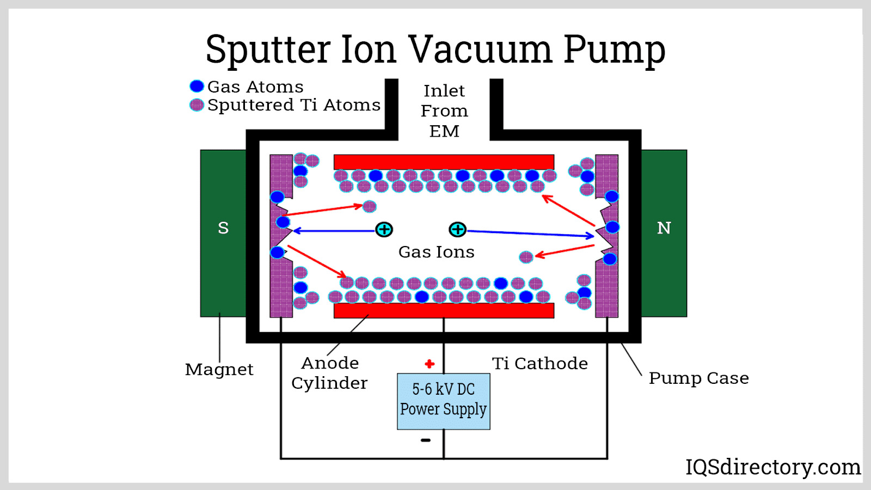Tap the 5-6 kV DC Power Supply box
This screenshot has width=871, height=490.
coord(444,401)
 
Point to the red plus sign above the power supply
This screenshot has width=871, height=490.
coord(430,364)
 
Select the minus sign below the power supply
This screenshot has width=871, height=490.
coord(426,440)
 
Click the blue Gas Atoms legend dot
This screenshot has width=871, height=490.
coord(197,86)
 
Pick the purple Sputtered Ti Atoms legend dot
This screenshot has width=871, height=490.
coord(197,105)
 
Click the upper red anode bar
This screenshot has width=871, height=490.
coord(444,162)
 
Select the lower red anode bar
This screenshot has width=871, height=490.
coord(444,310)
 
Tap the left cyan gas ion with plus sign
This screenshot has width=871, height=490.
coord(384,230)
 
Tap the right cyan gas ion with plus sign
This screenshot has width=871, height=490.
coord(457,230)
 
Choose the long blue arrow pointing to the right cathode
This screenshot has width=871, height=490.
coord(531,234)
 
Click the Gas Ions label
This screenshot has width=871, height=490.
coord(436,252)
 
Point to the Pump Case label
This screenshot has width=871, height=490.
coord(698,378)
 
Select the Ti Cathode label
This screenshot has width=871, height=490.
coord(539,363)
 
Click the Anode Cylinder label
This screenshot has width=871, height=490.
coord(329,373)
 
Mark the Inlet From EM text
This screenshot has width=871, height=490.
coord(444,111)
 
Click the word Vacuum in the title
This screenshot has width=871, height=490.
coord(480,49)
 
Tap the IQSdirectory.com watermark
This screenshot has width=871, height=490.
coord(772,467)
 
